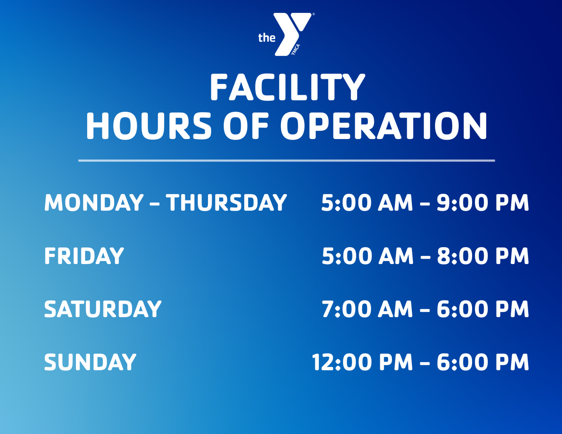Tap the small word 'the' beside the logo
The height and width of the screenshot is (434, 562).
(x=267, y=38)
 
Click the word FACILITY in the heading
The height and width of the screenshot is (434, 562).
(x=287, y=87)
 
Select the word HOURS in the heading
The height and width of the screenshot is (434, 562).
(x=149, y=126)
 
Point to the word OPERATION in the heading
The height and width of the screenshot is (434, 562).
(x=384, y=126)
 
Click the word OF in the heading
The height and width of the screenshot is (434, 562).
(x=246, y=126)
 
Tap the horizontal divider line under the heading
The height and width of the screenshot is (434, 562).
(x=287, y=160)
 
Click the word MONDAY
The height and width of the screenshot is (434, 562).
(x=94, y=203)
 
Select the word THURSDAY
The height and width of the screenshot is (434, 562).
(x=226, y=203)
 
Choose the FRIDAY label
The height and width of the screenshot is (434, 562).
(x=84, y=256)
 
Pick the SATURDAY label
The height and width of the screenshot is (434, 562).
(x=103, y=309)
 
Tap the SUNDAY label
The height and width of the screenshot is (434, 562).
(x=90, y=362)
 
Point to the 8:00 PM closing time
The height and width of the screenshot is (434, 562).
(x=483, y=256)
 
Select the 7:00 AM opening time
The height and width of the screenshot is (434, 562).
(x=367, y=309)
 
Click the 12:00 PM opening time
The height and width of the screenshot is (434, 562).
(x=362, y=362)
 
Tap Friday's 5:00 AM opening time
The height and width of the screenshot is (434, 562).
(x=367, y=256)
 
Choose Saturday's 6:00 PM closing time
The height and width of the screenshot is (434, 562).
(x=483, y=309)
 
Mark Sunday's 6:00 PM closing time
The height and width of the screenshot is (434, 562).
(x=483, y=362)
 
